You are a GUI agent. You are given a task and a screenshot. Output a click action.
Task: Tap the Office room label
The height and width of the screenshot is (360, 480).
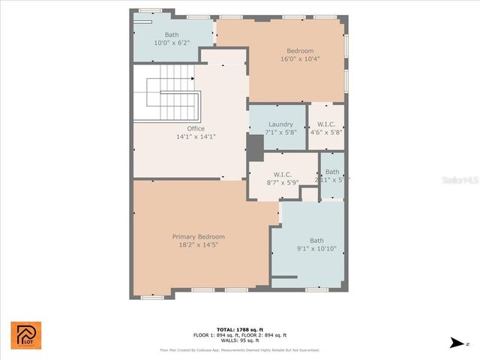point(196,128)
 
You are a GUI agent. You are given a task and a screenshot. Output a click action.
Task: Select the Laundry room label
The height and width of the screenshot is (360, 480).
point(280,124)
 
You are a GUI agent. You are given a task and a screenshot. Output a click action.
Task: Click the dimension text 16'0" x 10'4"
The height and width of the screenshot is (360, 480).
point(300,58)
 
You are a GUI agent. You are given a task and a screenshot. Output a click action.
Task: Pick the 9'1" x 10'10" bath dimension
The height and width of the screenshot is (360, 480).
point(316,249)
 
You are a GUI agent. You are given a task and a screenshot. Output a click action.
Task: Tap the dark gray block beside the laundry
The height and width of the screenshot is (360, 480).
point(256,147)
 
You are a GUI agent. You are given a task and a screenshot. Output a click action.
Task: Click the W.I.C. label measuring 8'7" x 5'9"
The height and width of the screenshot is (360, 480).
point(281,174)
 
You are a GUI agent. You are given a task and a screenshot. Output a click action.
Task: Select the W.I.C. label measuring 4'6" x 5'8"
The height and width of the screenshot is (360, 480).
point(326,124)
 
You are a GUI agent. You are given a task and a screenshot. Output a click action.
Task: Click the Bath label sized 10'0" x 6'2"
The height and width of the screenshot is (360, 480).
point(172,34)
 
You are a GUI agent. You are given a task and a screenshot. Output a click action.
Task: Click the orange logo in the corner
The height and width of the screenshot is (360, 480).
point(26,335)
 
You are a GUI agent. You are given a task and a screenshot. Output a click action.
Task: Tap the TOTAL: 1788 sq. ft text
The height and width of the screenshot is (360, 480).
point(240,329)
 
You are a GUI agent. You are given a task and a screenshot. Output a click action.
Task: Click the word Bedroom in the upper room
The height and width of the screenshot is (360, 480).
point(300,50)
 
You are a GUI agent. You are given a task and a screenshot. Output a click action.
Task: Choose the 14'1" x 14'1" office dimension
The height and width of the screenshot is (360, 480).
point(196,136)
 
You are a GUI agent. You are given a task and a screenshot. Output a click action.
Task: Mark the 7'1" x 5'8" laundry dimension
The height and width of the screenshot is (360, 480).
point(280,132)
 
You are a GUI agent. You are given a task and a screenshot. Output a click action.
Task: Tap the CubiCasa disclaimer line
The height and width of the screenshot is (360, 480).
point(240,350)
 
